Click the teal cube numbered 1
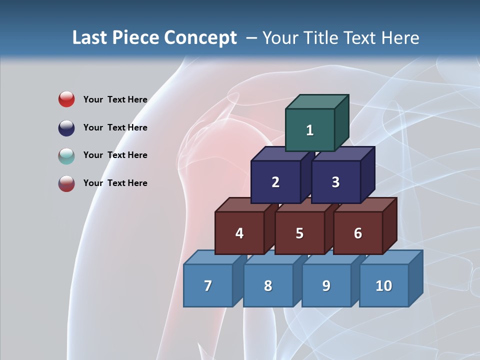[x=310, y=130]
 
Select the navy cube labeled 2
[x=275, y=182]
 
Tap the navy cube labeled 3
[x=335, y=182]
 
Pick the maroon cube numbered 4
[x=239, y=233]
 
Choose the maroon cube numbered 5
[x=299, y=233]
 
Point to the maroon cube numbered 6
[x=358, y=233]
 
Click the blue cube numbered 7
[x=208, y=285]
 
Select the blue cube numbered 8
[x=268, y=285]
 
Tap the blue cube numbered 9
[x=326, y=285]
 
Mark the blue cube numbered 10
[x=383, y=285]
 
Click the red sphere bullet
[x=66, y=99]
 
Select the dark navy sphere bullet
[x=66, y=127]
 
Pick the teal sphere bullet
[x=66, y=155]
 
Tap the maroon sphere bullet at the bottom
[x=66, y=183]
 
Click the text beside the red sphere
[x=115, y=99]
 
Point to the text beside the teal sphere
[x=115, y=155]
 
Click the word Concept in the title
[x=200, y=37]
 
